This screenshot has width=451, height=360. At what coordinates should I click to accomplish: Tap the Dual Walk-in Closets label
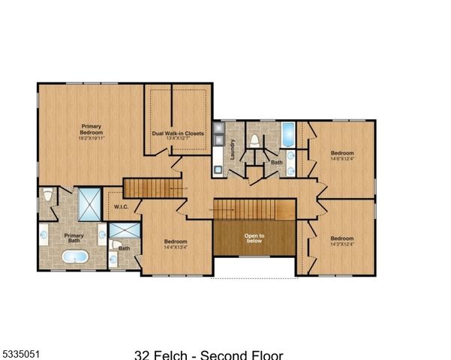click(x=178, y=133)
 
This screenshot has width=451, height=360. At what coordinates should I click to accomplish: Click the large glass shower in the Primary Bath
click(x=91, y=202)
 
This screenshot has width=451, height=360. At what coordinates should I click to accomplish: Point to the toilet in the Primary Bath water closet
click(x=49, y=196)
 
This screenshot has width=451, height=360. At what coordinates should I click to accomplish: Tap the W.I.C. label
click(x=122, y=206)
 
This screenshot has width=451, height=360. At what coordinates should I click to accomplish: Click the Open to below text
click(x=254, y=238)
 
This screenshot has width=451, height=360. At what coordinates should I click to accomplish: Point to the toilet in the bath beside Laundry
click(x=254, y=141)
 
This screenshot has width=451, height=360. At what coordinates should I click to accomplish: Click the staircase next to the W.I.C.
click(x=154, y=188)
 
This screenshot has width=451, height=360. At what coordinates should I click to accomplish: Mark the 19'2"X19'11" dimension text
click(x=91, y=139)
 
